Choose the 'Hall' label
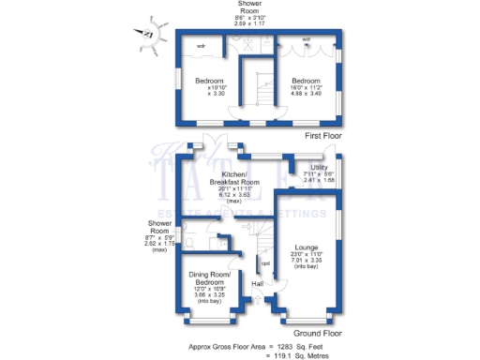tap(257, 282)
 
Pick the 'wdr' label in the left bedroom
tap(202, 45)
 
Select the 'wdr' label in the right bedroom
tap(307, 39)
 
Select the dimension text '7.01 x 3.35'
tap(307, 261)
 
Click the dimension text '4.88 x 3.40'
tap(306, 94)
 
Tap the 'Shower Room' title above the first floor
tap(249, 9)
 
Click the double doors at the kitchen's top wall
tap(210, 142)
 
